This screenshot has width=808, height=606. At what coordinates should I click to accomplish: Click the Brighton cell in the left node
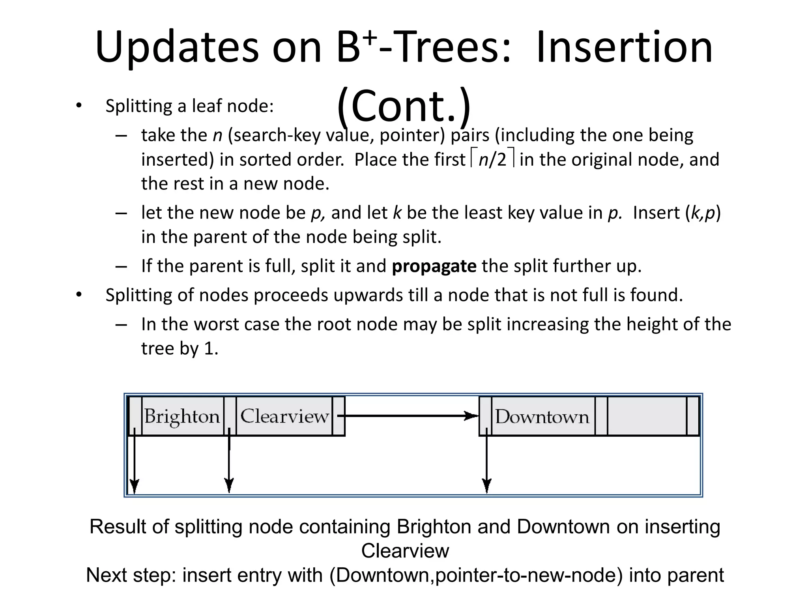tap(182, 416)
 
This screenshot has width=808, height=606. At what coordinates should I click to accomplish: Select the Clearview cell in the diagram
tap(284, 416)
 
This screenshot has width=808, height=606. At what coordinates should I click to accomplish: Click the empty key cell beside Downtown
tap(647, 416)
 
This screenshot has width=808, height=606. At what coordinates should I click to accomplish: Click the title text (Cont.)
tap(404, 106)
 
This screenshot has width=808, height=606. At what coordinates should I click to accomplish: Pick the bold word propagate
tap(434, 266)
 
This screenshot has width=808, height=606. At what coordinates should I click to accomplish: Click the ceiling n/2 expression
tap(492, 159)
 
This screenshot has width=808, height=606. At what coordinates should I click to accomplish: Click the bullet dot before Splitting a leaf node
tap(79, 106)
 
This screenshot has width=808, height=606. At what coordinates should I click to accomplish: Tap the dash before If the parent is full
tap(121, 266)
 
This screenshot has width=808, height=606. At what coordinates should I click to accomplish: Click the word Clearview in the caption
tap(405, 551)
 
